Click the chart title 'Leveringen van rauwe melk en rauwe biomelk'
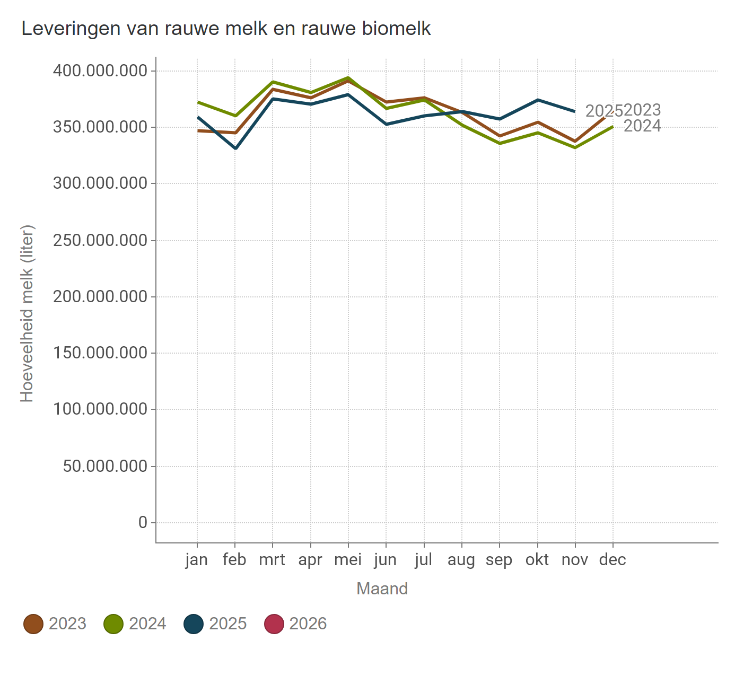pyautogui.click(x=226, y=28)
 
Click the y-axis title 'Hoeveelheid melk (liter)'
pyautogui.click(x=27, y=313)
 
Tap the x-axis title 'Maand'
pyautogui.click(x=382, y=589)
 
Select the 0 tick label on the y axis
pyautogui.click(x=143, y=523)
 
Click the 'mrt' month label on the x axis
pyautogui.click(x=272, y=560)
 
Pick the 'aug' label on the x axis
pyautogui.click(x=461, y=560)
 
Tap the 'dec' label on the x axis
pyautogui.click(x=612, y=560)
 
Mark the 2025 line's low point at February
pyautogui.click(x=235, y=148)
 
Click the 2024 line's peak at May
pyautogui.click(x=348, y=78)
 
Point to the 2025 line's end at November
pyautogui.click(x=575, y=111)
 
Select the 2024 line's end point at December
pyautogui.click(x=613, y=126)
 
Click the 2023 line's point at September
pyautogui.click(x=500, y=136)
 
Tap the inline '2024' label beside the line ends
pyautogui.click(x=642, y=126)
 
